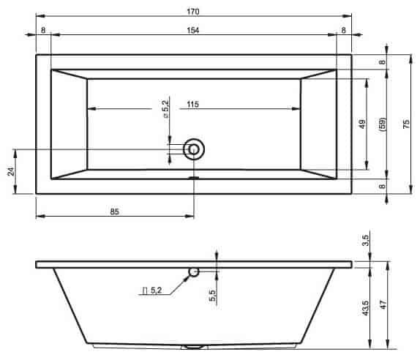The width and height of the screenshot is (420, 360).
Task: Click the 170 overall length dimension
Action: point(193,12)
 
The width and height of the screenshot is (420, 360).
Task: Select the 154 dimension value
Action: point(193,30)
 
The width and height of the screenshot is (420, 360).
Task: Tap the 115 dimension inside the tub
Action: point(193,104)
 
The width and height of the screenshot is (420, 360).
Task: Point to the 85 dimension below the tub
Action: point(114,211)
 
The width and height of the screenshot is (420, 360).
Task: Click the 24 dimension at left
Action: point(11,171)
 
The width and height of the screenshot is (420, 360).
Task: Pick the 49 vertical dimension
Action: point(362,124)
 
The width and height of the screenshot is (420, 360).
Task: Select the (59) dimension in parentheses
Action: point(383,124)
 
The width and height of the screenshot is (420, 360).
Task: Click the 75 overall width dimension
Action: point(406,124)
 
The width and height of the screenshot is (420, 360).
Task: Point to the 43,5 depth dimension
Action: point(365,308)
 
